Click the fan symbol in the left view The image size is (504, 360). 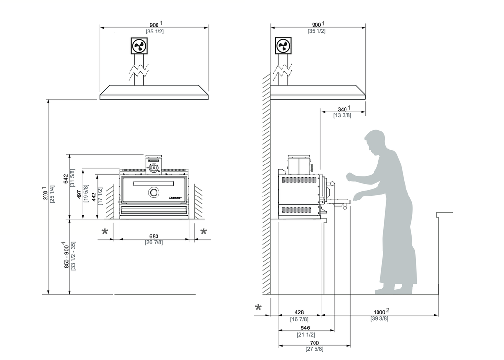[139, 46]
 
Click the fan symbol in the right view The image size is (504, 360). [283, 46]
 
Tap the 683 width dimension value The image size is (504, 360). [154, 236]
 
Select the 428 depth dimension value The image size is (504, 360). [299, 312]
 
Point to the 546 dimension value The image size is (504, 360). [305, 327]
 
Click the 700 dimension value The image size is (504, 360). [314, 343]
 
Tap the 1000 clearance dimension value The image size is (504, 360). [379, 312]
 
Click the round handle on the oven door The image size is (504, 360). [154, 192]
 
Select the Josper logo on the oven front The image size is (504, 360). [175, 198]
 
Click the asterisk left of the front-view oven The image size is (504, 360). [105, 232]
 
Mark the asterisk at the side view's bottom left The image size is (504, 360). [259, 308]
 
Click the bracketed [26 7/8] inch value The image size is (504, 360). [154, 242]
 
